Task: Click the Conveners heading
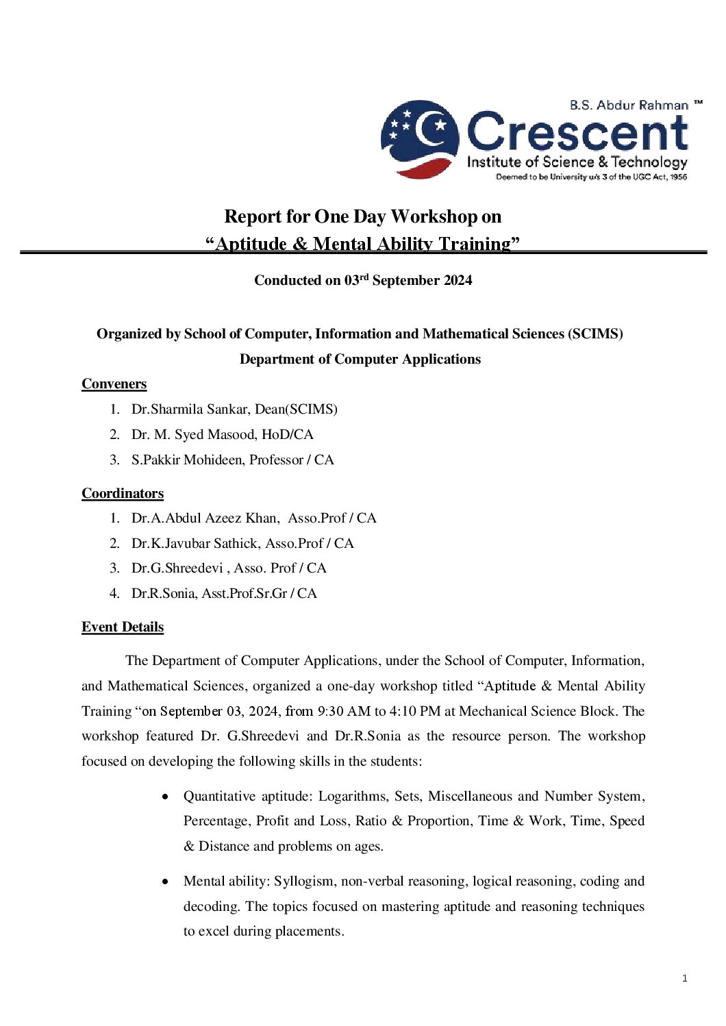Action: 114,384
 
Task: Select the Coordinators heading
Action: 123,494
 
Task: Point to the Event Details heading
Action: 123,627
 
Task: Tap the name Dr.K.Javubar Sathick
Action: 195,544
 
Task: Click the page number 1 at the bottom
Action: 684,979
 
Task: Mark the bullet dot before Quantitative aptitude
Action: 165,797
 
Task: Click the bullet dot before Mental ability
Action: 165,882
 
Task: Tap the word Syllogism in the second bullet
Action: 304,881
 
